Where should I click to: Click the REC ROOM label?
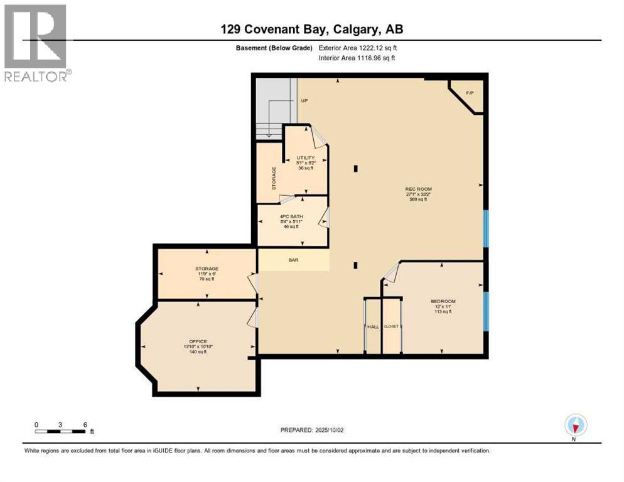(x=419, y=189)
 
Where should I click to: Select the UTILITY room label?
(x=306, y=158)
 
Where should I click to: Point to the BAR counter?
(x=293, y=259)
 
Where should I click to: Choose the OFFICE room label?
(x=198, y=341)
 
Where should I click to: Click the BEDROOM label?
(x=443, y=301)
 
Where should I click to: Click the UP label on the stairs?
(x=304, y=100)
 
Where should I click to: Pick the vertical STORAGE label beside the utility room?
(x=274, y=178)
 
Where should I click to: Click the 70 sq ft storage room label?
(x=207, y=274)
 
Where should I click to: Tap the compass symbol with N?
(x=574, y=426)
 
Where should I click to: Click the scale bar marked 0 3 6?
(x=61, y=431)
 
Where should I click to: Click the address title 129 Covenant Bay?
(x=312, y=28)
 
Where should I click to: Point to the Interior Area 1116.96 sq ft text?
(x=358, y=58)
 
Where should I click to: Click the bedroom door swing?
(x=391, y=272)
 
